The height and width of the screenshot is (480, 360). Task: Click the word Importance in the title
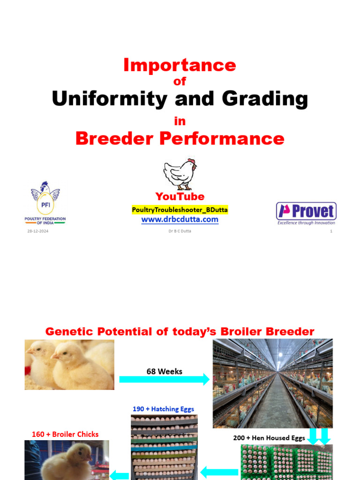(180, 65)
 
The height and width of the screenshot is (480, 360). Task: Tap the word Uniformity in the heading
(109, 99)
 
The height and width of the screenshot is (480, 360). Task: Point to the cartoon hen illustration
(180, 173)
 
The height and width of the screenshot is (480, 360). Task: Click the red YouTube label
(180, 196)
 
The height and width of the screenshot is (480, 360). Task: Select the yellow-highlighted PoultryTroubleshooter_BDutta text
(180, 210)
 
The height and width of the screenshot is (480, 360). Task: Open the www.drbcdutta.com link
(180, 219)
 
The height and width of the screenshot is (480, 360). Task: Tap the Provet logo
(306, 213)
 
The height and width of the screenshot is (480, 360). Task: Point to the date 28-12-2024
(38, 231)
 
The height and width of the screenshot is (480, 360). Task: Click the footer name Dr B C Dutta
(180, 231)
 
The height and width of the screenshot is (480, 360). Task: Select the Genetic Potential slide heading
(180, 332)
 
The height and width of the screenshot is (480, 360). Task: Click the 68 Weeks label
(164, 371)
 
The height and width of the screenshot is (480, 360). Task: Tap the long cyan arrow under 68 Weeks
(164, 380)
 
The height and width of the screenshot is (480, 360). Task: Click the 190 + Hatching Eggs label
(163, 409)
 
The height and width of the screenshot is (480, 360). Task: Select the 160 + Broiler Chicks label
(65, 434)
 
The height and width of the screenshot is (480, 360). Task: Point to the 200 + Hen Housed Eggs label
(269, 438)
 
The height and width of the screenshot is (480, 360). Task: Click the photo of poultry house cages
(272, 383)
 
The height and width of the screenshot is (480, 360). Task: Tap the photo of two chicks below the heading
(69, 365)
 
